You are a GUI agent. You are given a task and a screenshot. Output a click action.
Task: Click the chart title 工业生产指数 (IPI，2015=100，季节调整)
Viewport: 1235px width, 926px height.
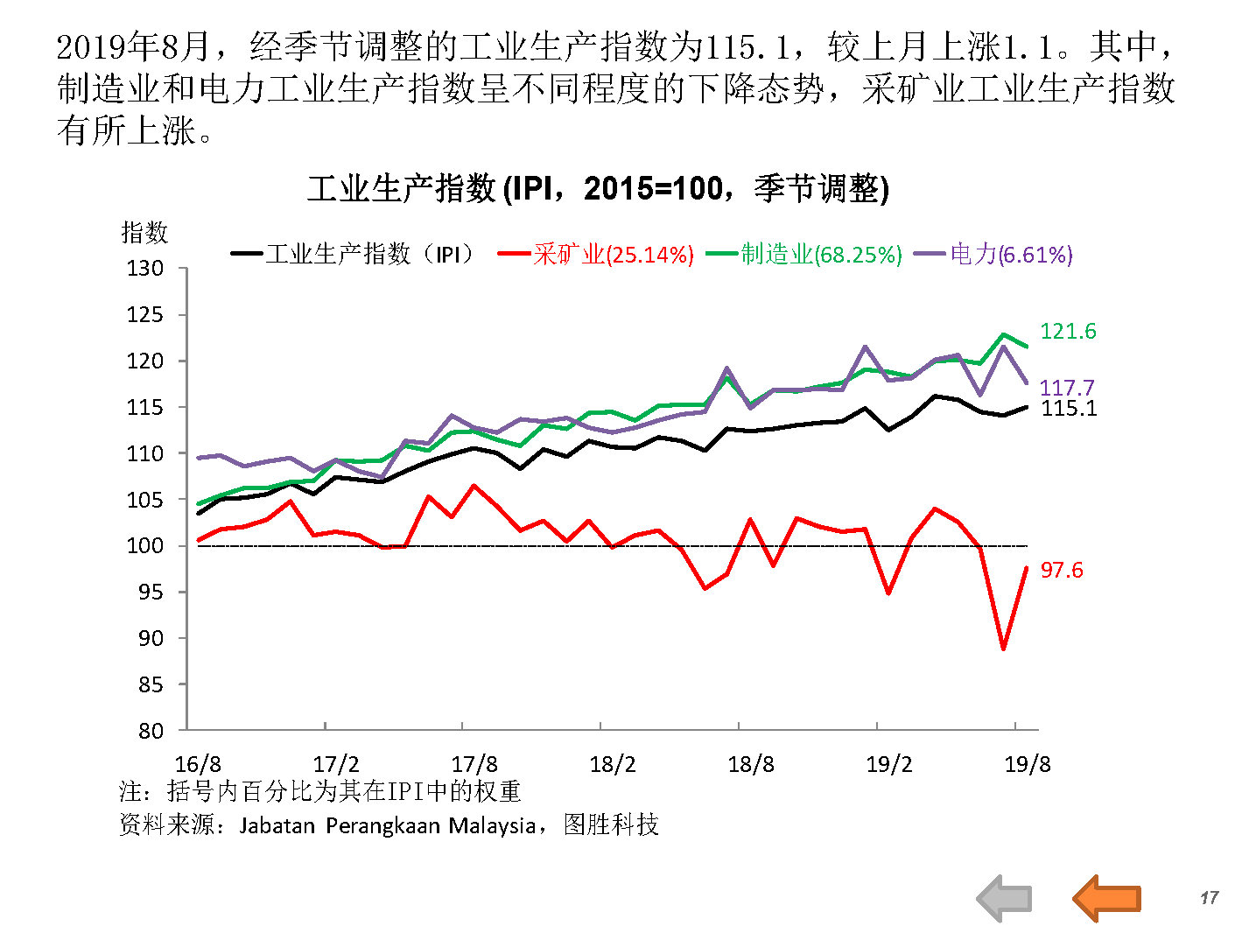[598, 188]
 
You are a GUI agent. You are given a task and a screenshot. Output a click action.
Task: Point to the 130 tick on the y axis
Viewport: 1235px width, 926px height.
[145, 269]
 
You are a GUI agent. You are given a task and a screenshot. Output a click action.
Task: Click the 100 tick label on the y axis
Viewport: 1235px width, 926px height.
[145, 545]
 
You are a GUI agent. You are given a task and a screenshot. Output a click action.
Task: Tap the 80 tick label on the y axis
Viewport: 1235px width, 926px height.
[151, 731]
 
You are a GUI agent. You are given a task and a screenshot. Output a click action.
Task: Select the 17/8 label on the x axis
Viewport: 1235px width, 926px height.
[474, 764]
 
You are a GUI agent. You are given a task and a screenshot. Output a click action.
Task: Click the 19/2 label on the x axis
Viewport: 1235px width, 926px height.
[888, 764]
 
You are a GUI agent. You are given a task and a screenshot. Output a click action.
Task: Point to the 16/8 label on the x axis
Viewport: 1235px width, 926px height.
[198, 764]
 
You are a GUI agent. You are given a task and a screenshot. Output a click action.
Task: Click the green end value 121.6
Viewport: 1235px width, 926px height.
[1068, 331]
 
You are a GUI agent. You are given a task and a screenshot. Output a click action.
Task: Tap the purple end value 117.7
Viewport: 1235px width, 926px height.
[1066, 387]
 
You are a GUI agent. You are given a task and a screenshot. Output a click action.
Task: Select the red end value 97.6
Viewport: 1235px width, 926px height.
[1062, 570]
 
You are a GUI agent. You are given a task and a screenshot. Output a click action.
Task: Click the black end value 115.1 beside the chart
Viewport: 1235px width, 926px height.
[1069, 408]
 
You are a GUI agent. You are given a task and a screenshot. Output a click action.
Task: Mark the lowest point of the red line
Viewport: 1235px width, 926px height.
[1003, 649]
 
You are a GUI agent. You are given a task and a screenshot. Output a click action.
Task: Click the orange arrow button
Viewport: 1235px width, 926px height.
[1107, 897]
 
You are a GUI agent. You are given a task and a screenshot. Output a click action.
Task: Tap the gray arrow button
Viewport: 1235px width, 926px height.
[1005, 897]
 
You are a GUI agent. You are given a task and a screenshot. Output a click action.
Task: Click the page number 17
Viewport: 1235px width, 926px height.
[1209, 897]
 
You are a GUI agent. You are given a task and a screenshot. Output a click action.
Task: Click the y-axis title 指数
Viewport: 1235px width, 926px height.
[144, 233]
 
